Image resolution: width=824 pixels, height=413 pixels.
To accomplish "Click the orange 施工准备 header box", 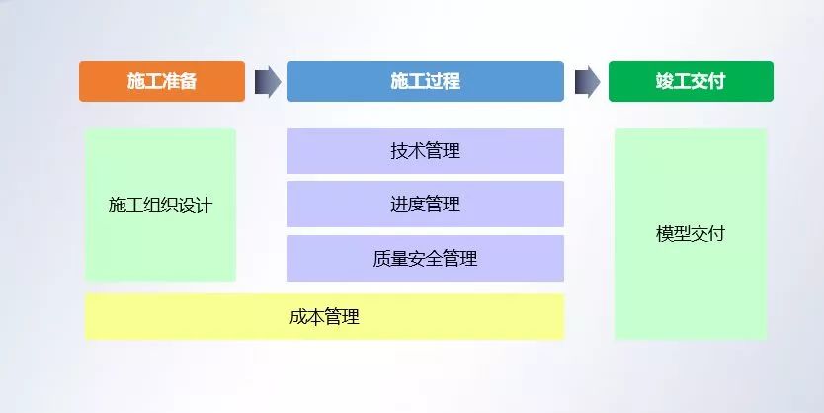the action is coord(162,81).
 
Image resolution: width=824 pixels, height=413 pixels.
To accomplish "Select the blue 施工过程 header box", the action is coord(425,81).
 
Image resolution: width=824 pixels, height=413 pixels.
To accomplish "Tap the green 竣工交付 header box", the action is coord(691,81).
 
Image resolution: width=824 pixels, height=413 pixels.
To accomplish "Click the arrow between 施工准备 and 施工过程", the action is coord(268,81).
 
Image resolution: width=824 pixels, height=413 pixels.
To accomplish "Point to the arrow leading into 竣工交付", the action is coord(588,81).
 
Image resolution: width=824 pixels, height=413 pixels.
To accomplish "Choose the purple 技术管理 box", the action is coord(425,151).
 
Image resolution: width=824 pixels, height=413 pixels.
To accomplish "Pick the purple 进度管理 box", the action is coord(425,204).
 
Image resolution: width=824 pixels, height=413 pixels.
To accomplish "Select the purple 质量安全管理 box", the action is coord(425,258).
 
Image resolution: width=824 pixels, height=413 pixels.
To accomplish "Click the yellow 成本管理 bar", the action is coord(324,317).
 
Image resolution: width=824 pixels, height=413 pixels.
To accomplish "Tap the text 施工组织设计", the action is coord(160,205).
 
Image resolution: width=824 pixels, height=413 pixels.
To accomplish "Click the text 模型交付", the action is coord(691,233).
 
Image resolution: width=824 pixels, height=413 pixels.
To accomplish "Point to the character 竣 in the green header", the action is coord(665,81).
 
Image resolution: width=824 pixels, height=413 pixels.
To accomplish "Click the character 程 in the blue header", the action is coord(452,81).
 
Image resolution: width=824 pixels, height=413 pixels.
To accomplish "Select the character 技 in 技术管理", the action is coord(399,151).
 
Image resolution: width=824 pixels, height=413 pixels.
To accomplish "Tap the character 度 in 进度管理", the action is coord(417,204).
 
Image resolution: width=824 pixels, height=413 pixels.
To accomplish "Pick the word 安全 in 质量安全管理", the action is coord(425,258).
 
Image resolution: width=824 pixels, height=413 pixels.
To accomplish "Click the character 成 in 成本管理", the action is coord(298,317).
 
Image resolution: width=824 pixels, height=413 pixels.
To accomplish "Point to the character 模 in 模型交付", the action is coord(665,233).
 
